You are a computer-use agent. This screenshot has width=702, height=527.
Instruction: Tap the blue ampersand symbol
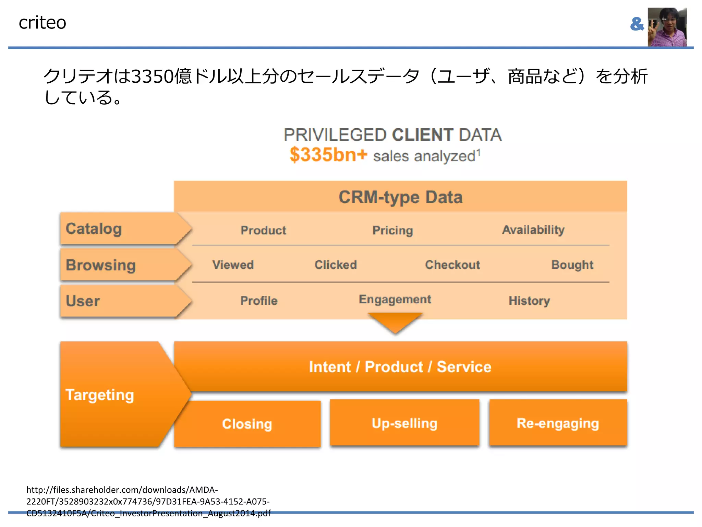click(637, 24)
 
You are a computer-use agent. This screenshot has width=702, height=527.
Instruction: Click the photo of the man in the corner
click(667, 27)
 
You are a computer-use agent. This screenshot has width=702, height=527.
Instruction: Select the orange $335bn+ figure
click(328, 155)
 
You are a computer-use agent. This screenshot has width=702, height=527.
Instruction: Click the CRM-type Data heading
click(400, 197)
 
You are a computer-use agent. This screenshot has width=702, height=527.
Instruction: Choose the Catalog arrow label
click(94, 229)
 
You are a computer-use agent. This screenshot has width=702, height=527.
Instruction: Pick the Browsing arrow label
click(101, 265)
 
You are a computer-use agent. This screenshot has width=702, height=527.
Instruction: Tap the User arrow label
click(83, 301)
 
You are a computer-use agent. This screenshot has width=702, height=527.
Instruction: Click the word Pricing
click(392, 230)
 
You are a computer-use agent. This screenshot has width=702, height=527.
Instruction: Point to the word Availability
click(533, 230)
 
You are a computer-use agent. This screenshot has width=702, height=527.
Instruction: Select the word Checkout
click(452, 265)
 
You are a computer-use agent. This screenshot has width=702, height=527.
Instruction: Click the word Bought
click(572, 265)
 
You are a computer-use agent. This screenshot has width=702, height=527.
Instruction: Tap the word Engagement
click(395, 300)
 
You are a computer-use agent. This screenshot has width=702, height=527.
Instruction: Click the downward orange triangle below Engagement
click(395, 321)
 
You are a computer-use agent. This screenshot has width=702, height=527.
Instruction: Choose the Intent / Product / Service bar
click(400, 366)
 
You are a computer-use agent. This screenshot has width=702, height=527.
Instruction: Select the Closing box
click(247, 424)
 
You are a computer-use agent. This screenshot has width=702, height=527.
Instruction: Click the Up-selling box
click(404, 423)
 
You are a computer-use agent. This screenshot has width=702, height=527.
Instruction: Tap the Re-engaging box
click(558, 423)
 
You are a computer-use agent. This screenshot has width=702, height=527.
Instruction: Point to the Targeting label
click(100, 395)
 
